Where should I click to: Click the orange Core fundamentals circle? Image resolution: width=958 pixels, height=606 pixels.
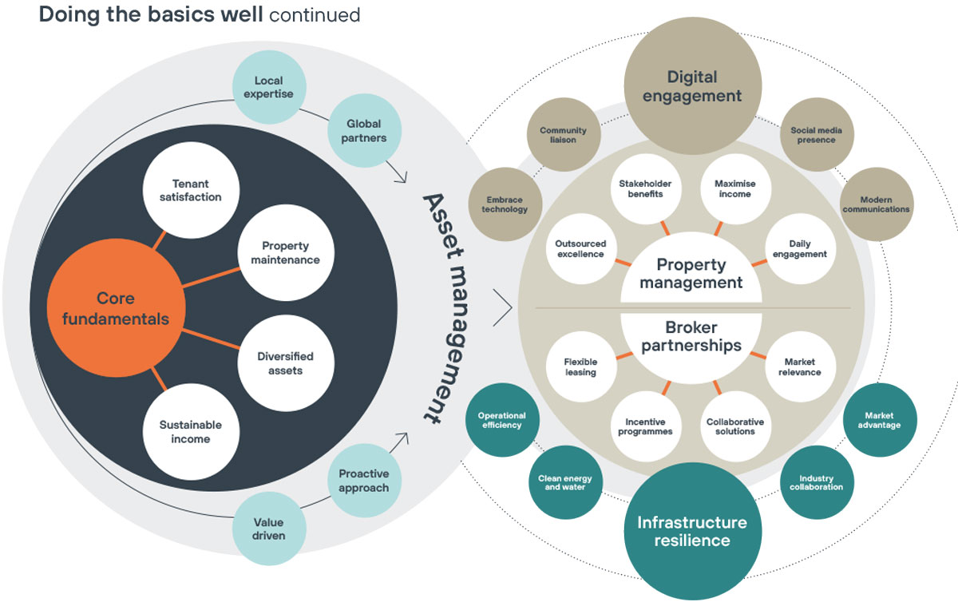121,308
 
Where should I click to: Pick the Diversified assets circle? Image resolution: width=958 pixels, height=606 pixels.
285,363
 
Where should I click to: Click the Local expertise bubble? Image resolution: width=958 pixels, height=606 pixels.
268,87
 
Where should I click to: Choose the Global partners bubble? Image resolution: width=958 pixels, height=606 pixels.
363,131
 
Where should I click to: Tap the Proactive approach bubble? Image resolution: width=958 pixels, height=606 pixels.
363,481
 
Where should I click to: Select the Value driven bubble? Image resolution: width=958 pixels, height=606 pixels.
268,529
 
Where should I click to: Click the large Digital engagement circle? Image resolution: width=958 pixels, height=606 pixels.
693,87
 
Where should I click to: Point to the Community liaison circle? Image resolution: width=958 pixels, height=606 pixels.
563,135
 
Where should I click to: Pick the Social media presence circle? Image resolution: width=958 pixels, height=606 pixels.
816,135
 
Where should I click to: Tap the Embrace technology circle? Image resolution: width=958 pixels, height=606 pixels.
505,204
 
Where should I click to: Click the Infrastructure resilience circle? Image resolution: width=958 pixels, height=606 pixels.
692,531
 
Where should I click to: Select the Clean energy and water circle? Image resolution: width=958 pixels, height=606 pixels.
565,483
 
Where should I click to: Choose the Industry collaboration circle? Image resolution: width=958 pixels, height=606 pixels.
816,483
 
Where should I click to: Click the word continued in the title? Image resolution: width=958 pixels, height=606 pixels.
315,15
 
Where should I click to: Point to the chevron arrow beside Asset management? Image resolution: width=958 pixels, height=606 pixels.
503,307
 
